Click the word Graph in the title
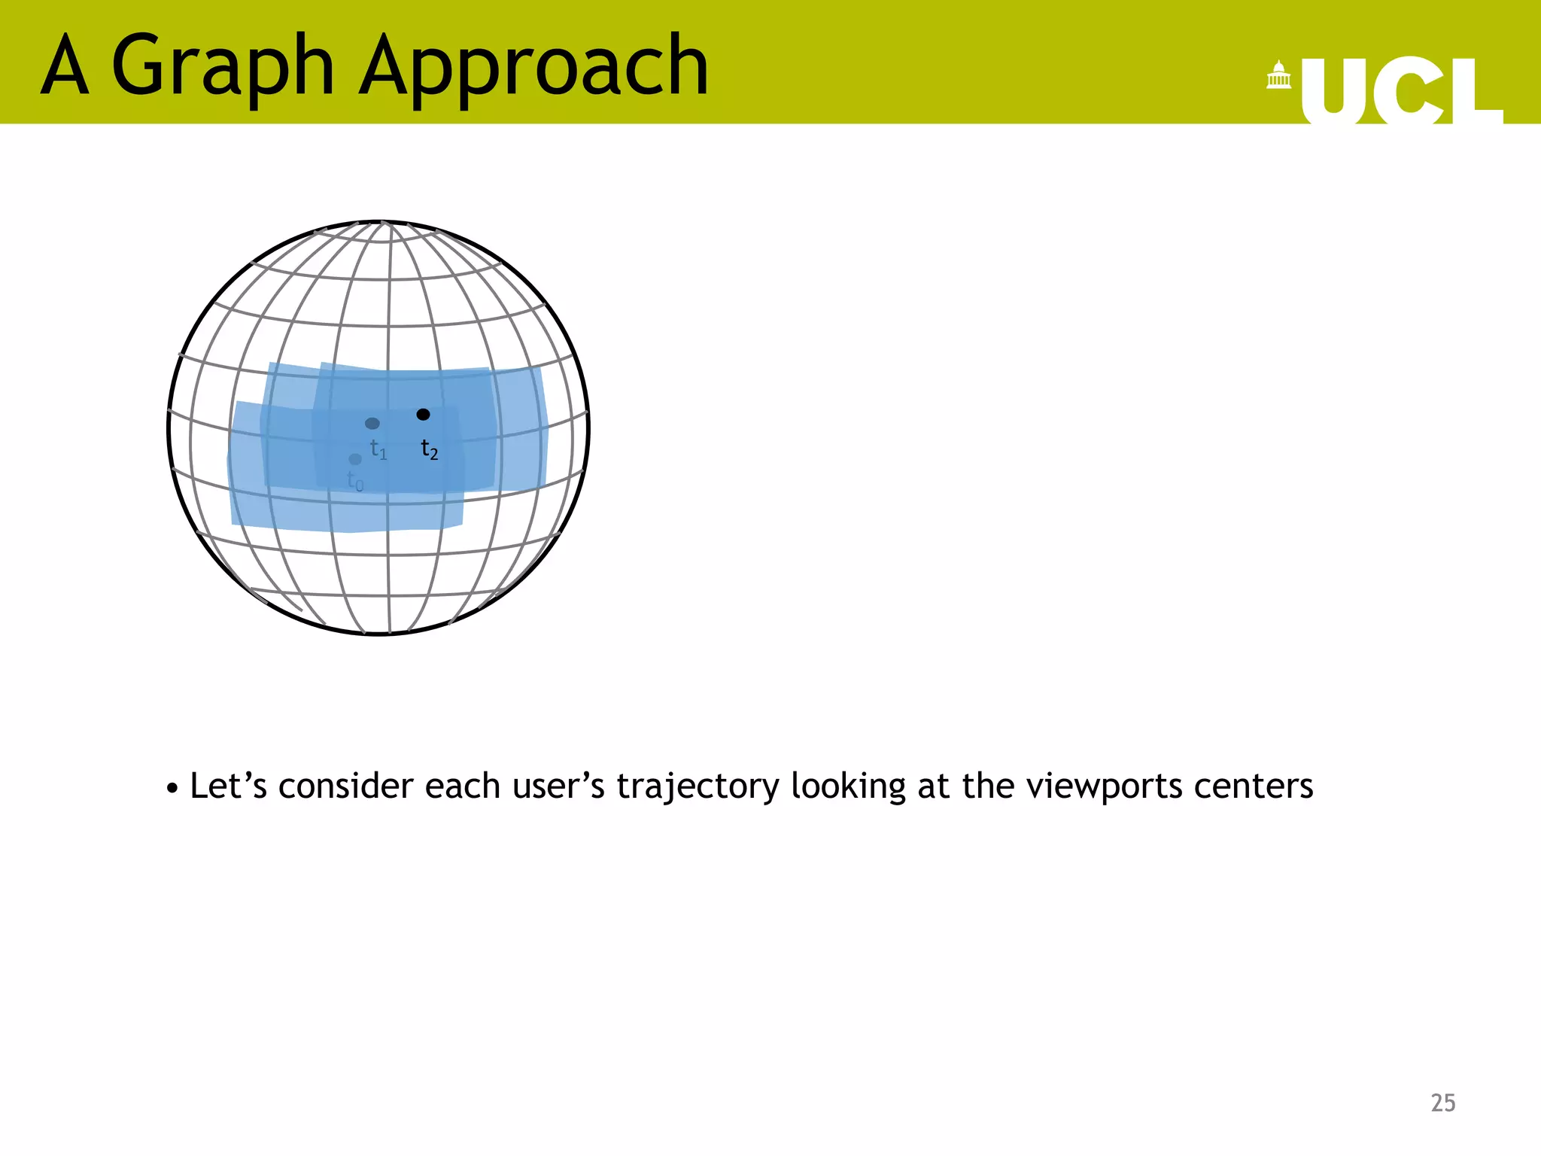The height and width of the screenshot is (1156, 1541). pos(223,68)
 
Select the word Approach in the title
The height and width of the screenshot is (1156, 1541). pos(533,68)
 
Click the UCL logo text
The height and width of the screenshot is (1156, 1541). pos(1401,92)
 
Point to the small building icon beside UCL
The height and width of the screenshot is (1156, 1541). pos(1278,75)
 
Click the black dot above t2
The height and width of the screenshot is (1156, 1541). pos(423,415)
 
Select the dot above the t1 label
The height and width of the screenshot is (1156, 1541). pos(372,424)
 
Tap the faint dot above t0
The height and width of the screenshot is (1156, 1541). pos(355,459)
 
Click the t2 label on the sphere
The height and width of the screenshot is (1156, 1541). pos(429,449)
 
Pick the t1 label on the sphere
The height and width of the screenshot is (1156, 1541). pos(378,449)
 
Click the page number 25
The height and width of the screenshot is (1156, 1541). pos(1442,1103)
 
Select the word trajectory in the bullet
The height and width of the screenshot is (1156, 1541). pos(698,787)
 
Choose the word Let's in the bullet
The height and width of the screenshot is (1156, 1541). pos(228,786)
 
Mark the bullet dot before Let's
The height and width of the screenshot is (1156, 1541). pos(172,789)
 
